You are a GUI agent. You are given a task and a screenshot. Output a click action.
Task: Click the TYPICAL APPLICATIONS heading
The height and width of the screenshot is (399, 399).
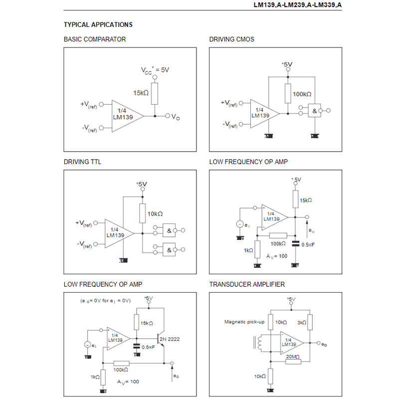(98, 24)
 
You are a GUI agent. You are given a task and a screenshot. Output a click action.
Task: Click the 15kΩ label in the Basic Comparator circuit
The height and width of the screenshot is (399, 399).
(141, 93)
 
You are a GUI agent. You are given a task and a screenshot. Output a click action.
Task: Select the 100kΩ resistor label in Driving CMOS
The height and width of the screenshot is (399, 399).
(302, 94)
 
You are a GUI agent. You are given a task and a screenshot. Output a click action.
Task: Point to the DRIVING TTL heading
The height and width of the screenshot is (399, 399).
(82, 162)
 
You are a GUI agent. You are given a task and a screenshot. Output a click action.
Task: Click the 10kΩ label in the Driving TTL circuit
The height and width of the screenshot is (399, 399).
(155, 213)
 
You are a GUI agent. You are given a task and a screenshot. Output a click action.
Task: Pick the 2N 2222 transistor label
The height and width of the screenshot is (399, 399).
(170, 339)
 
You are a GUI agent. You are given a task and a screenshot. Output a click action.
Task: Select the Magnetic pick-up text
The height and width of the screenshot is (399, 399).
(244, 322)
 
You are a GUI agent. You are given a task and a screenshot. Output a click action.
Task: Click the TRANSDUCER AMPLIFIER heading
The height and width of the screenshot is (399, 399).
(247, 285)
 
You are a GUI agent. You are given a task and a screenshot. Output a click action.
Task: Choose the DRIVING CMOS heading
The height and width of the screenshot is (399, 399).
(232, 39)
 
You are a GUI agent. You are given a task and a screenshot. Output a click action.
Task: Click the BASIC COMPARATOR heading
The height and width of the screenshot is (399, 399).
(95, 39)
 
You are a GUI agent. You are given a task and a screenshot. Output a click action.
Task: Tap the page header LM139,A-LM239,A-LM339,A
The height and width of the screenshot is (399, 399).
(298, 5)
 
